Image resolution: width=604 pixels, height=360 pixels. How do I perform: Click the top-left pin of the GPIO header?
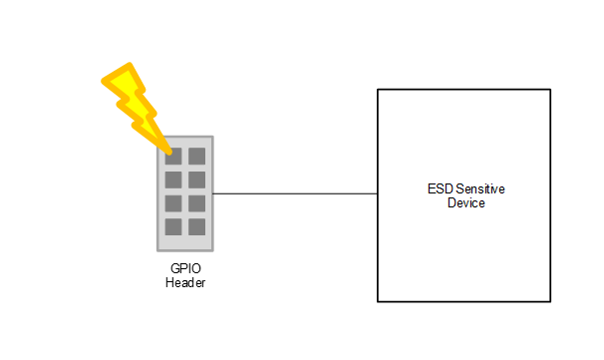click(x=173, y=156)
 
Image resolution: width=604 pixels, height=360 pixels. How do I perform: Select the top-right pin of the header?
click(x=196, y=156)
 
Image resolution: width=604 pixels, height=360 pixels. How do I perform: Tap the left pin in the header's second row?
click(x=173, y=180)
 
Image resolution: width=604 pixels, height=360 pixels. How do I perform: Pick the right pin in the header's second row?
click(x=196, y=180)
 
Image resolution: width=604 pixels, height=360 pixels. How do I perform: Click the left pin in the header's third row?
click(x=173, y=203)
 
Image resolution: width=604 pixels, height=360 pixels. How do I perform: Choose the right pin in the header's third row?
click(x=196, y=203)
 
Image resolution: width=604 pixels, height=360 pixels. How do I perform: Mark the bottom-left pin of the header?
click(x=173, y=226)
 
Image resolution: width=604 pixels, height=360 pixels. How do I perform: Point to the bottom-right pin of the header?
click(x=196, y=226)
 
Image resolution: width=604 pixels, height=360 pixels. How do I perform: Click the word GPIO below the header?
click(x=185, y=270)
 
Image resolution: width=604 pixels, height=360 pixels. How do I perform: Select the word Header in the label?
click(x=185, y=283)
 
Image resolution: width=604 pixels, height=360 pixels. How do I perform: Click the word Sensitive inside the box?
click(x=473, y=189)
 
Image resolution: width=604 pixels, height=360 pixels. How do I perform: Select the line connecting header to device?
click(x=294, y=193)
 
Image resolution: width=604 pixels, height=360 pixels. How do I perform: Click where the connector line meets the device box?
click(x=377, y=193)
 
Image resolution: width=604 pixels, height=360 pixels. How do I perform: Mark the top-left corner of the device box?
click(x=378, y=90)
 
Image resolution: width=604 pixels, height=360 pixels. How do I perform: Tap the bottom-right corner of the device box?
click(x=550, y=300)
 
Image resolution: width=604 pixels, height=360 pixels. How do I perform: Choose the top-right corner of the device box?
click(x=550, y=90)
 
